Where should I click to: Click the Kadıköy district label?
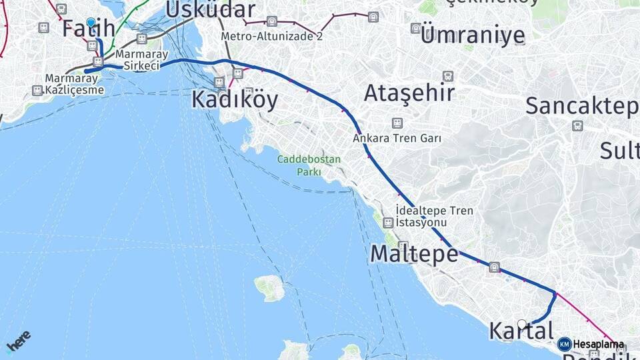click(235, 99)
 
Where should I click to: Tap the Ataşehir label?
click(409, 93)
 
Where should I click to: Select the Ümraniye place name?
click(473, 35)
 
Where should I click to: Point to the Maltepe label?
click(414, 254)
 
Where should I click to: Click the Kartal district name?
click(521, 331)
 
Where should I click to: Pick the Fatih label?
click(89, 29)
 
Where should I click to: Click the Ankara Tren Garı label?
click(397, 139)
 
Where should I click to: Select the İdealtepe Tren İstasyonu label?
click(434, 216)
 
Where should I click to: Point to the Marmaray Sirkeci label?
click(137, 61)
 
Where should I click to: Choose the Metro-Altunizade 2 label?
click(272, 36)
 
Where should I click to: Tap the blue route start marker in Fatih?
click(91, 22)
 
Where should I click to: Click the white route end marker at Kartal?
click(522, 324)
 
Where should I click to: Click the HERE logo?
click(18, 341)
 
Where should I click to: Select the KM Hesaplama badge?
click(591, 345)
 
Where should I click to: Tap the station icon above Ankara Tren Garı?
click(397, 123)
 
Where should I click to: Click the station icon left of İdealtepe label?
click(388, 222)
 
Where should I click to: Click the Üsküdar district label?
click(210, 9)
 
